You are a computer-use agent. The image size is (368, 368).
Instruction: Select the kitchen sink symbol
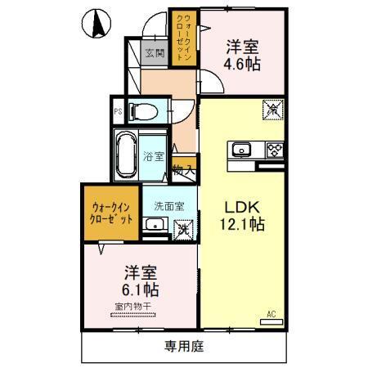[x=242, y=149]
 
